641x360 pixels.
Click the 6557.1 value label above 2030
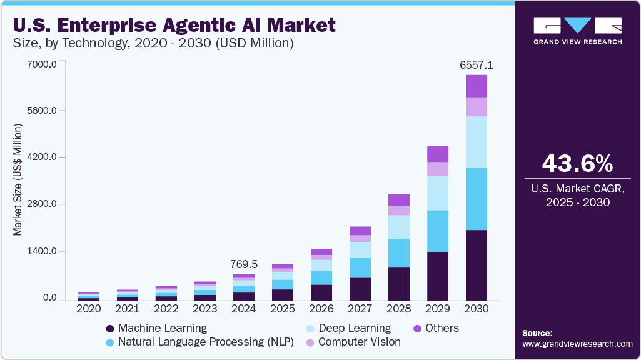tap(477, 65)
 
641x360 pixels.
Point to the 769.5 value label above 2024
tap(244, 264)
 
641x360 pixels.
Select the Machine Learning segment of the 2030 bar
tap(477, 266)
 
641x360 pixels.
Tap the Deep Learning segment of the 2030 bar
tap(477, 142)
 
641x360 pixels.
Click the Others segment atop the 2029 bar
tap(438, 154)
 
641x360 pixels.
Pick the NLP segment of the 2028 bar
tap(399, 253)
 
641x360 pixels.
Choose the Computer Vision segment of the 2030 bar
tap(477, 107)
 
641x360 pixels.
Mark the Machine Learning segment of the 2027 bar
tap(360, 290)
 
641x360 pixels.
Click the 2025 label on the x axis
tap(283, 309)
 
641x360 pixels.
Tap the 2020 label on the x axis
tap(89, 309)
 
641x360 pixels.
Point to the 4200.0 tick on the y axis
tap(42, 157)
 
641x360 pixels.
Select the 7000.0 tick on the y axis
tap(42, 64)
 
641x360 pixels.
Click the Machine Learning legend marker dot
tap(109, 329)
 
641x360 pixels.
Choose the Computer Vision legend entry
tap(354, 342)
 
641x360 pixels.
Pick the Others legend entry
tap(436, 328)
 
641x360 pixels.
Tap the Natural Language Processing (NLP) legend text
tap(206, 342)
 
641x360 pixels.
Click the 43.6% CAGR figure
tap(578, 164)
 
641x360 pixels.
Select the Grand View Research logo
tap(578, 31)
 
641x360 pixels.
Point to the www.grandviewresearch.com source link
tap(578, 344)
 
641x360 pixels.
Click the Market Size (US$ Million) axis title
tap(17, 180)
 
